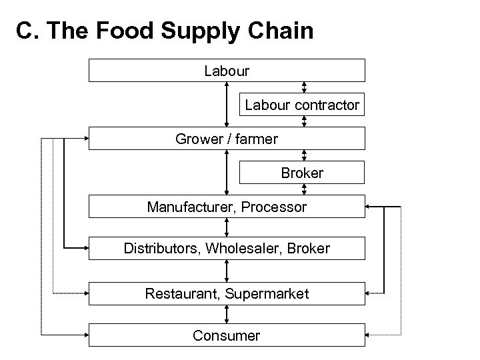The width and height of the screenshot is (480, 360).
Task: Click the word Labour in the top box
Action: [227, 70]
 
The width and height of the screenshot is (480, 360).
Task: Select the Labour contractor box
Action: [302, 105]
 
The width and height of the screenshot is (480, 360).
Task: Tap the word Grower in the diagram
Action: [195, 139]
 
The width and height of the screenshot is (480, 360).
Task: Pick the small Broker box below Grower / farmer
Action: [302, 173]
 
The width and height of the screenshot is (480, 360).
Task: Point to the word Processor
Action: [274, 207]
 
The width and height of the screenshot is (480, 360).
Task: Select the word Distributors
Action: [162, 249]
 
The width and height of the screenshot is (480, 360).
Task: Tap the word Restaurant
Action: [181, 293]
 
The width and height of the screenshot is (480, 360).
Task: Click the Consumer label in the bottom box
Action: [227, 335]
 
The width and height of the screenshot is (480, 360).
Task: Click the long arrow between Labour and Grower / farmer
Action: [227, 104]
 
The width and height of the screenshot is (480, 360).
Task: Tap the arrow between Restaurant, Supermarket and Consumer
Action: [227, 314]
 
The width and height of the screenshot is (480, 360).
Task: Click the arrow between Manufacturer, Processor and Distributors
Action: [227, 227]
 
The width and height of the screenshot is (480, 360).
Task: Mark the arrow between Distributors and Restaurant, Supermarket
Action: [227, 271]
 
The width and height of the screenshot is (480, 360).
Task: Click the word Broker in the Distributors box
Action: [309, 249]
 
